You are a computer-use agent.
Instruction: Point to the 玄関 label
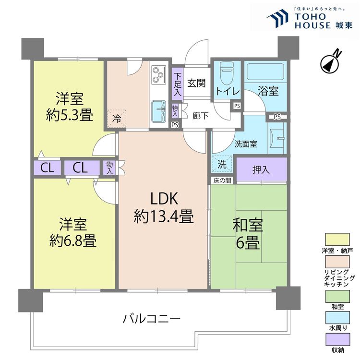(x=197, y=83)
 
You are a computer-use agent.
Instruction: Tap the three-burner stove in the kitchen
(x=158, y=73)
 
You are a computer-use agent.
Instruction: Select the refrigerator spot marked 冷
(x=117, y=117)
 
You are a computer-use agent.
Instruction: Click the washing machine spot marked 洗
(x=222, y=164)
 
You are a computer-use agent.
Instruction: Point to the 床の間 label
(x=222, y=180)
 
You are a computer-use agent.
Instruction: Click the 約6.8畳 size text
(x=73, y=240)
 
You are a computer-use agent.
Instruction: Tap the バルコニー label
(x=151, y=318)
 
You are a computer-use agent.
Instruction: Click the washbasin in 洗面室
(x=278, y=139)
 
